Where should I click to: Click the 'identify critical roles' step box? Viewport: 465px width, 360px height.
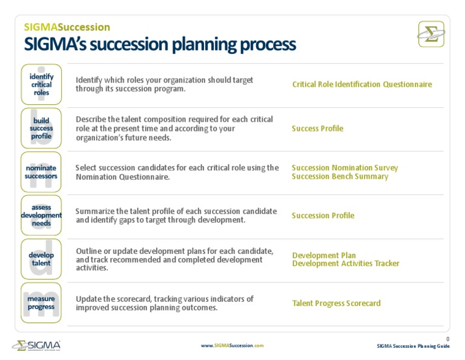coord(41,84)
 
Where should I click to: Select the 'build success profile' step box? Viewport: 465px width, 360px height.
coord(41,128)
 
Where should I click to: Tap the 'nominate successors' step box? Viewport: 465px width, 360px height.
coord(41,172)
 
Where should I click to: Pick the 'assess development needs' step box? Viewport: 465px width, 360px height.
coord(41,215)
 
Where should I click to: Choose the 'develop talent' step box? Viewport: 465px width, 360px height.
coord(41,259)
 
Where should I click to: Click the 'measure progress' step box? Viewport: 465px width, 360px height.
coord(41,302)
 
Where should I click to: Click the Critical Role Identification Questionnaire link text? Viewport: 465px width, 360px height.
coord(362,84)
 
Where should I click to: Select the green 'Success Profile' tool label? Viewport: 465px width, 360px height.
coord(317,128)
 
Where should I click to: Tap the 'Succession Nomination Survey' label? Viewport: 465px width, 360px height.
coord(345,168)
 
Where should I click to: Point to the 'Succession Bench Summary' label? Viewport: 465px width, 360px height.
coord(340,176)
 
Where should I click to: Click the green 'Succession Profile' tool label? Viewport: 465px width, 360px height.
coord(323,216)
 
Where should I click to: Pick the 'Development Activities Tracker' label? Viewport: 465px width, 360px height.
coord(346,264)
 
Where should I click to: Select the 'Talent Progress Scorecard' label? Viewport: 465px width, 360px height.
coord(336,303)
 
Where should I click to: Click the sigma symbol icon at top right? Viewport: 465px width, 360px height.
coord(431,34)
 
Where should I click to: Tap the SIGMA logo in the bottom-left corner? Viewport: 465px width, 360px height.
coord(36,346)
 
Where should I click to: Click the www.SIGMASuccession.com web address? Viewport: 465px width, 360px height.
coord(232,345)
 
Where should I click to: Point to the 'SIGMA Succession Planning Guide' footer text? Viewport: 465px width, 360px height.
coord(413,346)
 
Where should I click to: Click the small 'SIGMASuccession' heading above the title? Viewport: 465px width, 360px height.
coord(67,27)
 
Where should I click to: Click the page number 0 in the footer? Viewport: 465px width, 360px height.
coord(447,339)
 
